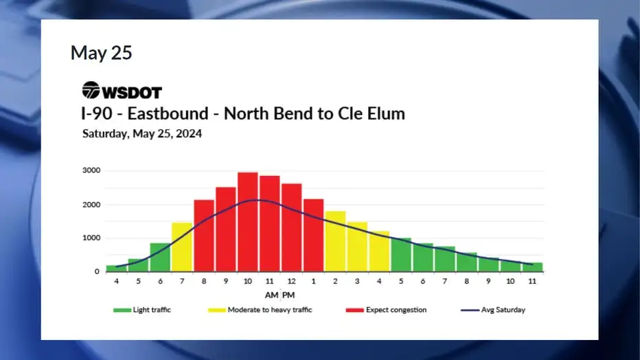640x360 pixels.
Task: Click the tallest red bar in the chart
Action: pos(248,222)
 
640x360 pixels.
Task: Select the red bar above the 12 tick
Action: pos(291,227)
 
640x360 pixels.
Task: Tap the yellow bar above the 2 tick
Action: pos(335,241)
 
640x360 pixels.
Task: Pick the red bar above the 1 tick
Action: pos(313,235)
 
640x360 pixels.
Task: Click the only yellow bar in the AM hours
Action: pos(182,247)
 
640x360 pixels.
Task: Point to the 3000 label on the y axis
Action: pos(91,170)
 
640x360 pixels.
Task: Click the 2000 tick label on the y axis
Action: pos(91,205)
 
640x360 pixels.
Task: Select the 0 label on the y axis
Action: pos(97,271)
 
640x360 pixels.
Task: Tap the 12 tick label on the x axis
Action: pos(291,281)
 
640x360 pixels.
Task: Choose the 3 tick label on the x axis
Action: pos(357,281)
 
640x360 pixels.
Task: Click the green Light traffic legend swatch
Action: pos(122,311)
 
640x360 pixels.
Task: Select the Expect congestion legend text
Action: pos(396,310)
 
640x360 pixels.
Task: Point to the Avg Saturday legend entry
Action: pos(492,310)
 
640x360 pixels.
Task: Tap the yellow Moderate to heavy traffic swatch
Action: pos(217,311)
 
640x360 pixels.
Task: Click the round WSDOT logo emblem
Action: pos(91,90)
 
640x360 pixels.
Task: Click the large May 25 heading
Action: pos(101,53)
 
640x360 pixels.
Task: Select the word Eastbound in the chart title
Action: pos(168,113)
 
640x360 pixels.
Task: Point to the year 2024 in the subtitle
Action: pos(189,133)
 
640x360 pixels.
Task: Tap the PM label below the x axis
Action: pos(288,295)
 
